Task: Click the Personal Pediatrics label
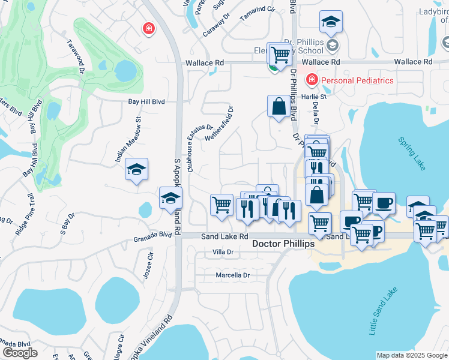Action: point(357,80)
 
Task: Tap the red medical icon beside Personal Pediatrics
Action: point(312,80)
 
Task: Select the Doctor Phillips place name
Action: point(283,244)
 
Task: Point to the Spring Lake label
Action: point(412,153)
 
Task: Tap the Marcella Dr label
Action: point(232,275)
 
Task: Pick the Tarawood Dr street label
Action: point(76,58)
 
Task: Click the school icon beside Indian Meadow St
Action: point(137,170)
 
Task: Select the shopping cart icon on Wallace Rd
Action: point(280,54)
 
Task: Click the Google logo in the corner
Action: point(20,353)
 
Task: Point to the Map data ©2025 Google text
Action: point(412,355)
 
